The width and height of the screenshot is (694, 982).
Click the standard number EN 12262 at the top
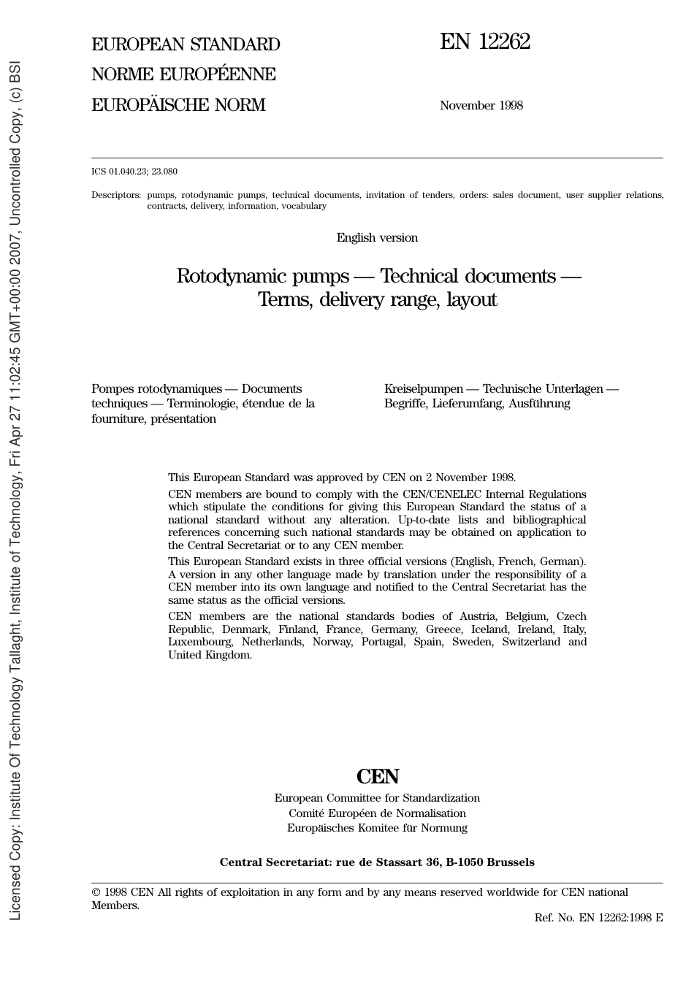[484, 42]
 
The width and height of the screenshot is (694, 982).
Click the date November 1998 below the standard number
[481, 106]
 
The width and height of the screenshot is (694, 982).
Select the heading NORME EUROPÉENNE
[183, 74]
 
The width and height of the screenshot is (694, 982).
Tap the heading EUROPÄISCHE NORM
[178, 105]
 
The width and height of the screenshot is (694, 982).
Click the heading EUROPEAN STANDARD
[186, 45]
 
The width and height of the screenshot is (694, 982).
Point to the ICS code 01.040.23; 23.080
[134, 172]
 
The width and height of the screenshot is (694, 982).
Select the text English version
[377, 238]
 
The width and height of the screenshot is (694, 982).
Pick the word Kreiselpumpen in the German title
[423, 389]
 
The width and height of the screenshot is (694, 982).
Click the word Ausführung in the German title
[539, 404]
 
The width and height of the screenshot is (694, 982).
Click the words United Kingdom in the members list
[210, 656]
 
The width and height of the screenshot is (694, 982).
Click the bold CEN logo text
[377, 777]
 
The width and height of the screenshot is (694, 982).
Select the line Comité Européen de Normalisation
[377, 813]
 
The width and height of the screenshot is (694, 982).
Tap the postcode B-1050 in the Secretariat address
[465, 862]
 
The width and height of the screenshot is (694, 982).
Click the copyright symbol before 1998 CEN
[96, 892]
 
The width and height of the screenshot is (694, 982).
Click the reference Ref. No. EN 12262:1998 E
[598, 918]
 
